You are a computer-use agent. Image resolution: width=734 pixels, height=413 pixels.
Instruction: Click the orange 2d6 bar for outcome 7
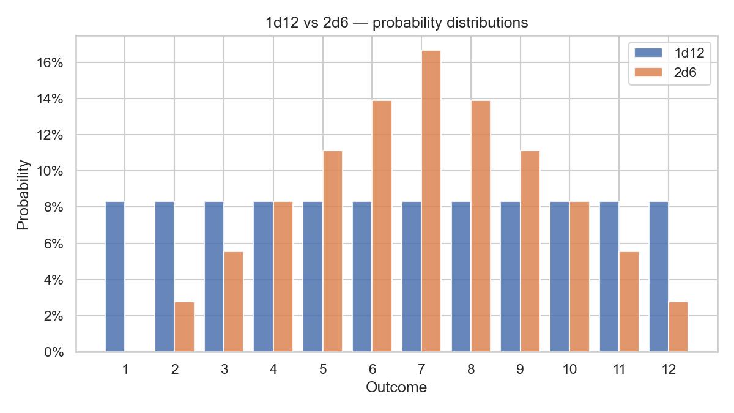pyautogui.click(x=431, y=201)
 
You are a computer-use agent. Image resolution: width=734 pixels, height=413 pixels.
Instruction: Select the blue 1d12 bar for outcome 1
pyautogui.click(x=115, y=277)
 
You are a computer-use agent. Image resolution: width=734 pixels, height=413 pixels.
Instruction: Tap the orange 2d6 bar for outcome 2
pyautogui.click(x=184, y=327)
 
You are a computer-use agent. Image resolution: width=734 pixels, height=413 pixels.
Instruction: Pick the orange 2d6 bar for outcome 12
pyautogui.click(x=678, y=327)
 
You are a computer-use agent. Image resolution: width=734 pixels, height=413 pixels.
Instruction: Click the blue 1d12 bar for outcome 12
pyautogui.click(x=659, y=277)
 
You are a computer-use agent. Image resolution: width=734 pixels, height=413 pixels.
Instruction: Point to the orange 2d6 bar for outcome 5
pyautogui.click(x=333, y=251)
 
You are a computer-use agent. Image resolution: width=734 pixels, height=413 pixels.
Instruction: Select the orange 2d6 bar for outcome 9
pyautogui.click(x=530, y=251)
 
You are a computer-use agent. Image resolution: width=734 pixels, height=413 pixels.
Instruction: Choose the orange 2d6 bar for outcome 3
pyautogui.click(x=234, y=302)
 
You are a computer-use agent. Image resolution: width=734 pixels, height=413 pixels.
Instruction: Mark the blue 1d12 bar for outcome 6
pyautogui.click(x=362, y=277)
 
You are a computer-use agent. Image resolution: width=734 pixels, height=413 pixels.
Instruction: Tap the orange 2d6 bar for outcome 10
pyautogui.click(x=580, y=277)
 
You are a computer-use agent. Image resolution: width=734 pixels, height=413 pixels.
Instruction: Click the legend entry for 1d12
pyautogui.click(x=669, y=53)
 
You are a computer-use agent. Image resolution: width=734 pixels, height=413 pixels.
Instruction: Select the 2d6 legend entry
pyautogui.click(x=665, y=72)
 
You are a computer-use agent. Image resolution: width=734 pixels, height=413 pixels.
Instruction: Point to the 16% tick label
pyautogui.click(x=50, y=62)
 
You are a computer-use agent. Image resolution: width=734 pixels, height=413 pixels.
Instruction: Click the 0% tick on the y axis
pyautogui.click(x=53, y=352)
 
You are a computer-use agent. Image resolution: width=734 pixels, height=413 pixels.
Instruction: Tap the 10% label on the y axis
pyautogui.click(x=50, y=171)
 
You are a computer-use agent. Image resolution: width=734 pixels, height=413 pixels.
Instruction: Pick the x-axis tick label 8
pyautogui.click(x=471, y=370)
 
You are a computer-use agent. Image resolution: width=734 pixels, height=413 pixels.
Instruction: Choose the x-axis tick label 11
pyautogui.click(x=619, y=370)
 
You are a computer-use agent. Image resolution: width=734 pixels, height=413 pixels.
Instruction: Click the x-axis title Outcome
pyautogui.click(x=396, y=387)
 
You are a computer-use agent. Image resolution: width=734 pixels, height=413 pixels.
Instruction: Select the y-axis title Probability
pyautogui.click(x=23, y=195)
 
